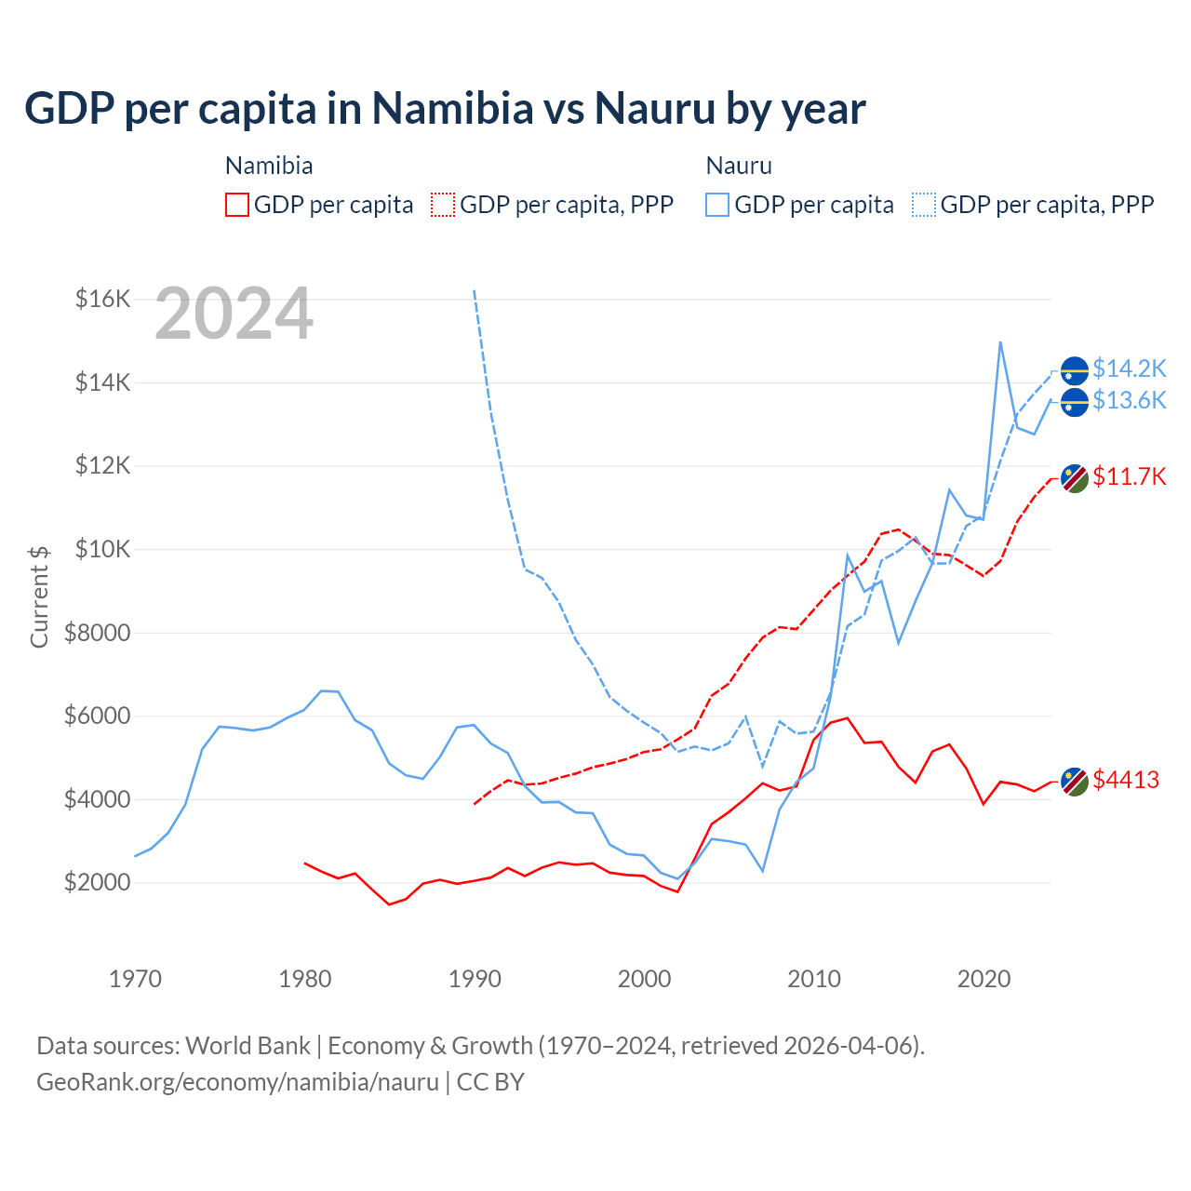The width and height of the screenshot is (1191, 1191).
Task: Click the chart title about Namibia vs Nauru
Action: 445,109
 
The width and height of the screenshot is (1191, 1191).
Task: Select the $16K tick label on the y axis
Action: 102,299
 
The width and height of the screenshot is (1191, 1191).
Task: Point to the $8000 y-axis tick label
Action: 97,633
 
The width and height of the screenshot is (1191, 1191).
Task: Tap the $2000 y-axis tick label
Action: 97,882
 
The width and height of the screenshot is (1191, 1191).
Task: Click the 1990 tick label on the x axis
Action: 475,979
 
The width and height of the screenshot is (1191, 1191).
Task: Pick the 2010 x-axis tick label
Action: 814,979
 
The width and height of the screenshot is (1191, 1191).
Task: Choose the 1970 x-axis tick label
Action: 135,979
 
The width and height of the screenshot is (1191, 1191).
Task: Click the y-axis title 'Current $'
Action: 39,595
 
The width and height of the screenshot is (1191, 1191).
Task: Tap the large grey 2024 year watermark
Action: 234,314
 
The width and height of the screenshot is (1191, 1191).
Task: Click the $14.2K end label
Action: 1129,368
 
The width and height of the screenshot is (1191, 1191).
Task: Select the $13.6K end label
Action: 1129,400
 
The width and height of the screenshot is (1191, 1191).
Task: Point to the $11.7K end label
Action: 1129,476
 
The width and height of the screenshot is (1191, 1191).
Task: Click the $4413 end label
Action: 1126,780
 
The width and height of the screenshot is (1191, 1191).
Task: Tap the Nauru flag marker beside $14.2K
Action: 1075,370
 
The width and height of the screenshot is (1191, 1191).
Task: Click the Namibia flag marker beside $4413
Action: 1075,782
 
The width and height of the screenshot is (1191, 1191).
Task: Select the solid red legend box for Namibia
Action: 237,205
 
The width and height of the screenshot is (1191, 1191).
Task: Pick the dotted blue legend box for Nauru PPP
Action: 924,205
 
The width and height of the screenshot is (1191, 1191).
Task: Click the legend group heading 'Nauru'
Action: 739,166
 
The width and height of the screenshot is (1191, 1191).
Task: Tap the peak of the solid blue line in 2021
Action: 1000,342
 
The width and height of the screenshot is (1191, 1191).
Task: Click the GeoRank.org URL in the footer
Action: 237,1082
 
